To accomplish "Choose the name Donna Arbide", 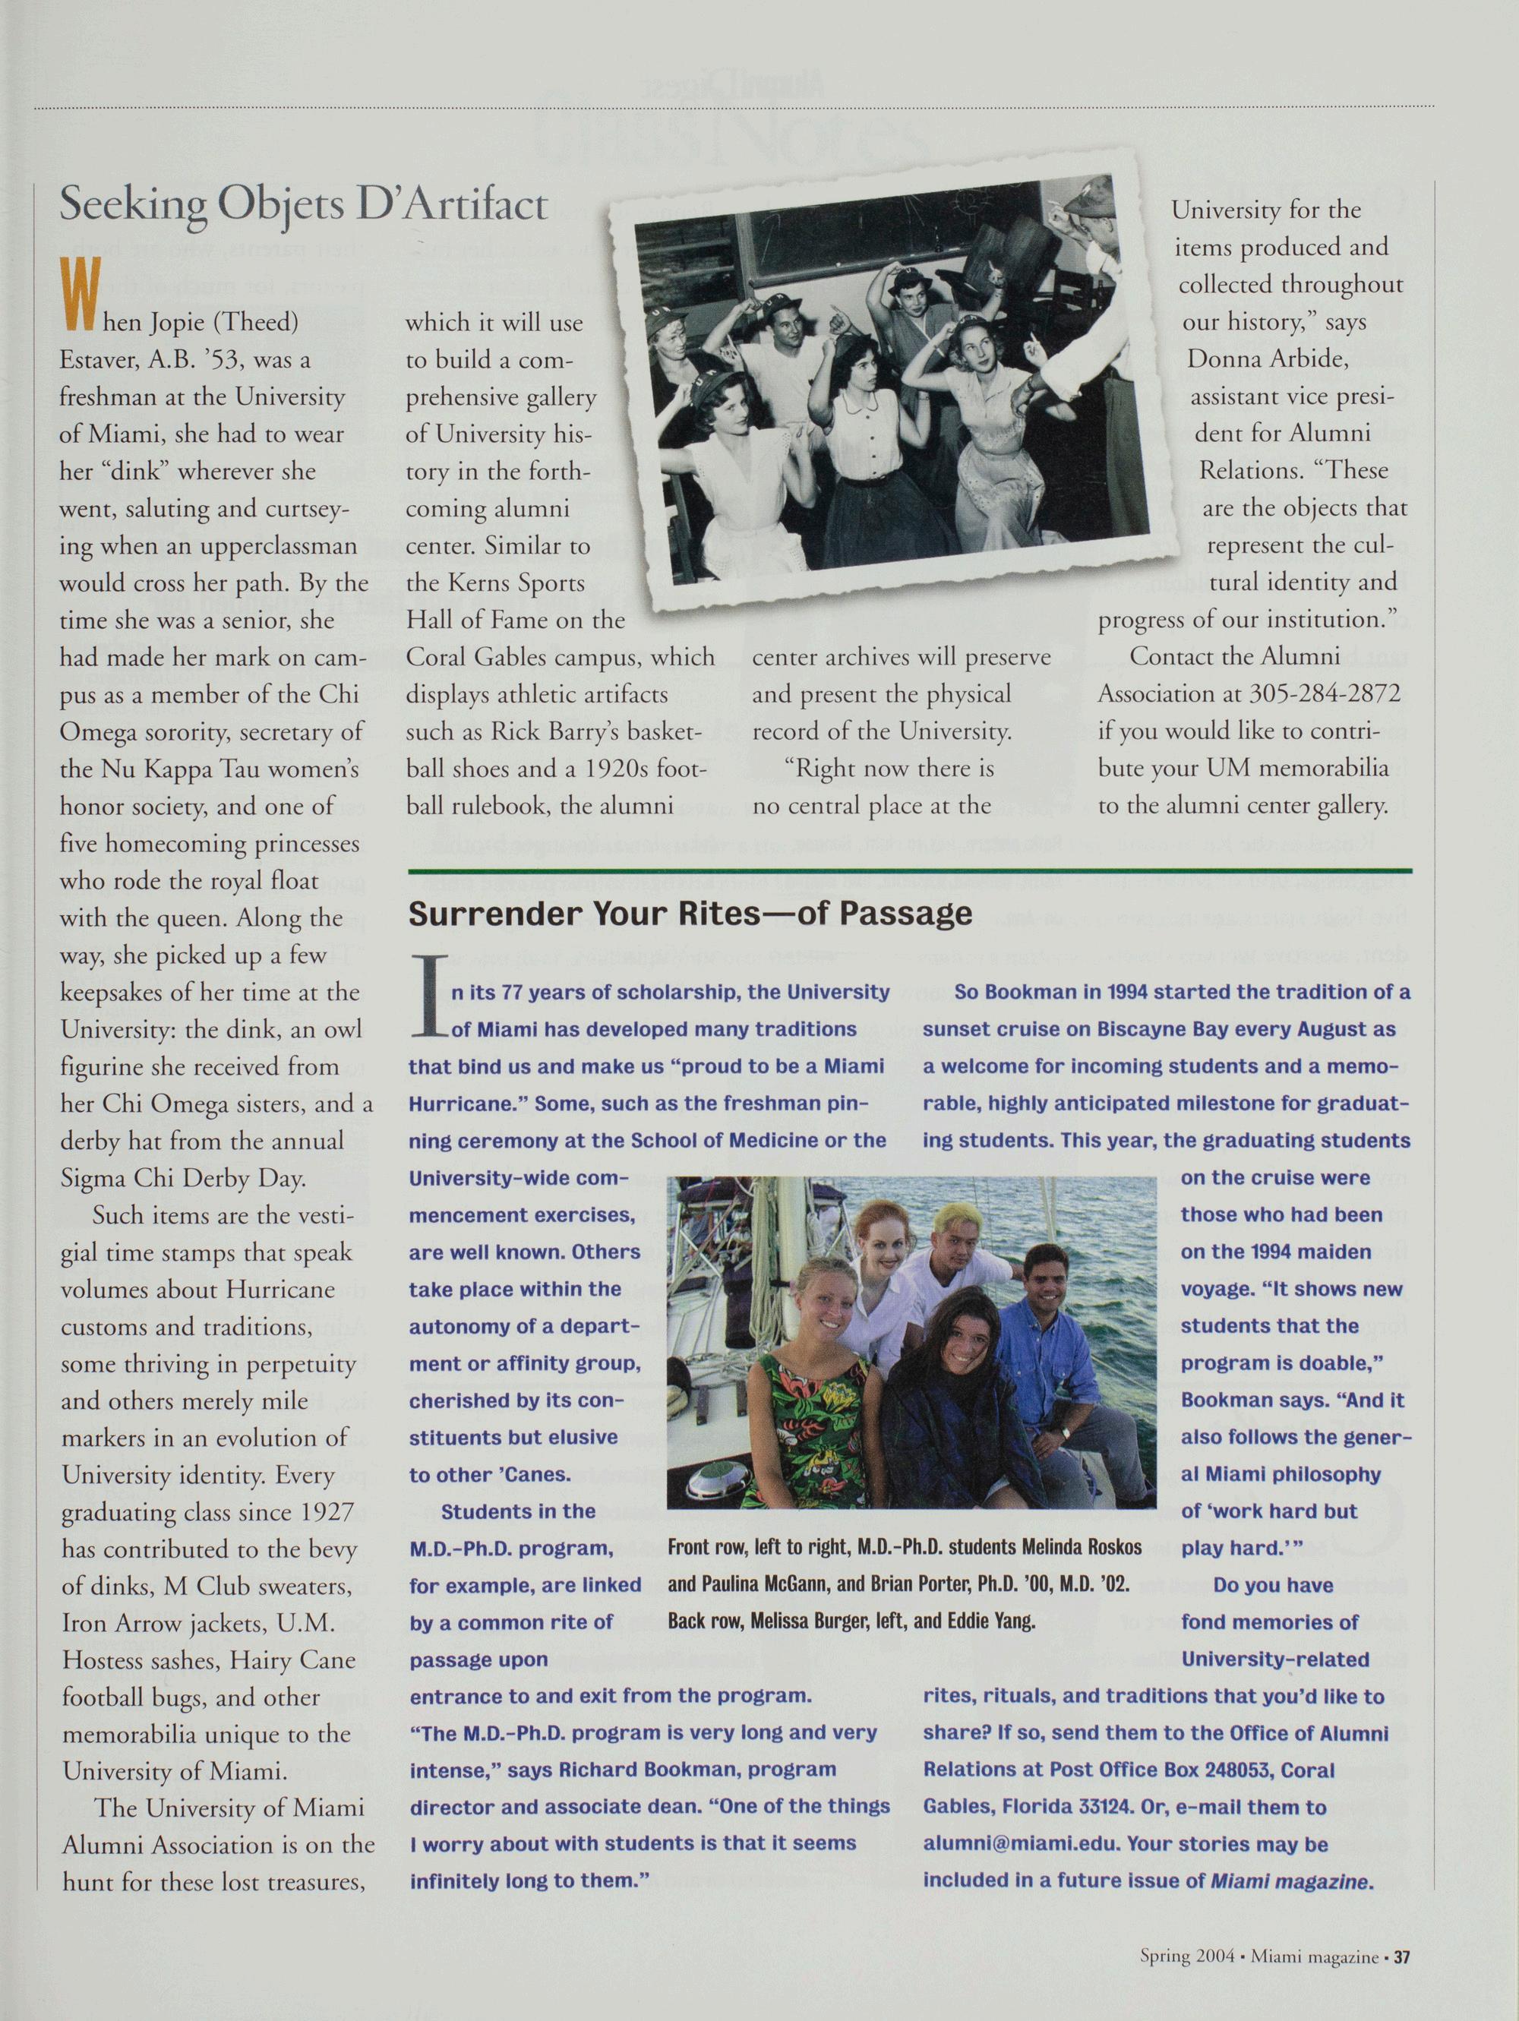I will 1268,358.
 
